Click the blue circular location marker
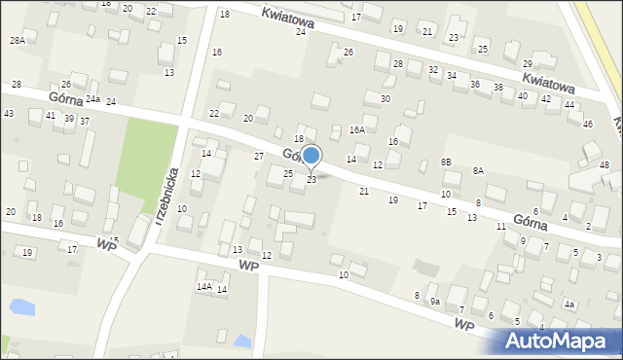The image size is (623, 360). point(311,155)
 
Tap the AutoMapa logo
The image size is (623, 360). point(559,341)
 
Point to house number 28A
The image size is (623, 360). point(17,40)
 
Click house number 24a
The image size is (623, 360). point(92,99)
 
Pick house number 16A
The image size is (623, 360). point(357,129)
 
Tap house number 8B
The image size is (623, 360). point(446,162)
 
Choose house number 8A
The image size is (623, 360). point(478,170)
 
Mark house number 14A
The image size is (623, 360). point(203,286)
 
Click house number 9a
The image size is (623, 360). point(435,302)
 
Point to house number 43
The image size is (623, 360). point(9,114)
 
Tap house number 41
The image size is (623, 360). point(50,116)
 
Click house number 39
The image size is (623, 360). point(68,118)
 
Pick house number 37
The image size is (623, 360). point(85,121)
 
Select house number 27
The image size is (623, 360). point(259,156)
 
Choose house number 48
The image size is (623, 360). point(605,165)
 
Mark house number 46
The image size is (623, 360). point(587,125)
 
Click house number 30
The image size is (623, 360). point(385,99)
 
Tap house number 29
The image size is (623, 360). point(527,63)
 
